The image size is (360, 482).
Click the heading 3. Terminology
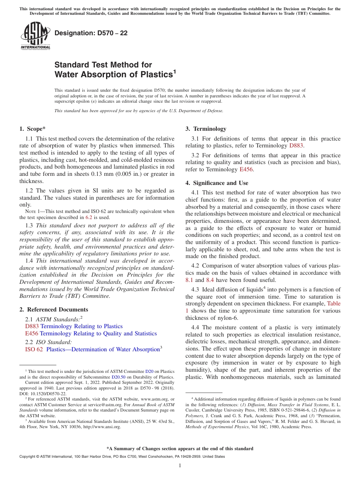(206, 129)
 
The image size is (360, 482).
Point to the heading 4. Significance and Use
(217, 183)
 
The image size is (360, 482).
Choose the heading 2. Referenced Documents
(54, 310)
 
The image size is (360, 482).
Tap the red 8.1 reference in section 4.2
(189, 280)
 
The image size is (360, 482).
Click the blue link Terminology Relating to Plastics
(81, 326)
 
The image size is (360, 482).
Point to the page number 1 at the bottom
(180, 466)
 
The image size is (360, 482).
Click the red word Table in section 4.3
(334, 304)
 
